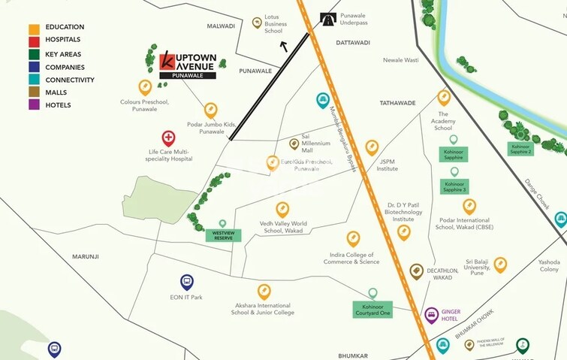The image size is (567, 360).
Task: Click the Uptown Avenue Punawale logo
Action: pos(188,64)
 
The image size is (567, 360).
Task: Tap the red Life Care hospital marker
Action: pos(169,138)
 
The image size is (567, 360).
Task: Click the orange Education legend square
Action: pos(34,28)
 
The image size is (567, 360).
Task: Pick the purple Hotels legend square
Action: pos(34,105)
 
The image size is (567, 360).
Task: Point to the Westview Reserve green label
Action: pos(222,235)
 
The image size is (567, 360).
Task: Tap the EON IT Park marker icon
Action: pos(187,282)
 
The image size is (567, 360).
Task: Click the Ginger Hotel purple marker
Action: pos(431,314)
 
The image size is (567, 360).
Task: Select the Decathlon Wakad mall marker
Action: pos(417,271)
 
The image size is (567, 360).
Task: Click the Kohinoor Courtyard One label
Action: pos(373,308)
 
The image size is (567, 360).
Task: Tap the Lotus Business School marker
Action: pos(258,23)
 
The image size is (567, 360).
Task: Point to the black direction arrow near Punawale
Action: pos(283,47)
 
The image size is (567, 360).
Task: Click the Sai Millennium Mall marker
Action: pos(294,144)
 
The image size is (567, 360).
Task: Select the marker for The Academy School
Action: pos(444,97)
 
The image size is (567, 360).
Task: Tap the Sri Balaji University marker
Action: pos(500,264)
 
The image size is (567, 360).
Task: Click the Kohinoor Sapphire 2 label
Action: pos(520,148)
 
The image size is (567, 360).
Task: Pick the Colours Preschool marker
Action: pos(145,87)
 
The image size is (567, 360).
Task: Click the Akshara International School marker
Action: pos(264,291)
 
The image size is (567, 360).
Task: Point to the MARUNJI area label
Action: pos(86,257)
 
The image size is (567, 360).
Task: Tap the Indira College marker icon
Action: pos(354,238)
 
